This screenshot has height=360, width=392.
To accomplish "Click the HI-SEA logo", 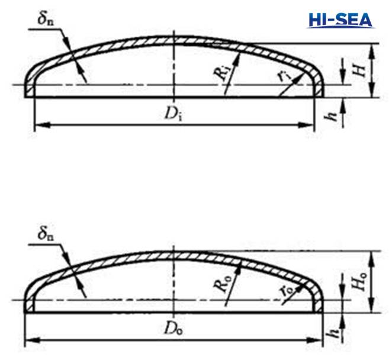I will pyautogui.click(x=340, y=19).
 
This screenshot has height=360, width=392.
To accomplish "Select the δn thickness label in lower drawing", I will pyautogui.click(x=44, y=234).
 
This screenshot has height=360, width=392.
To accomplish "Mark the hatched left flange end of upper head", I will pyautogui.click(x=30, y=91).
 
